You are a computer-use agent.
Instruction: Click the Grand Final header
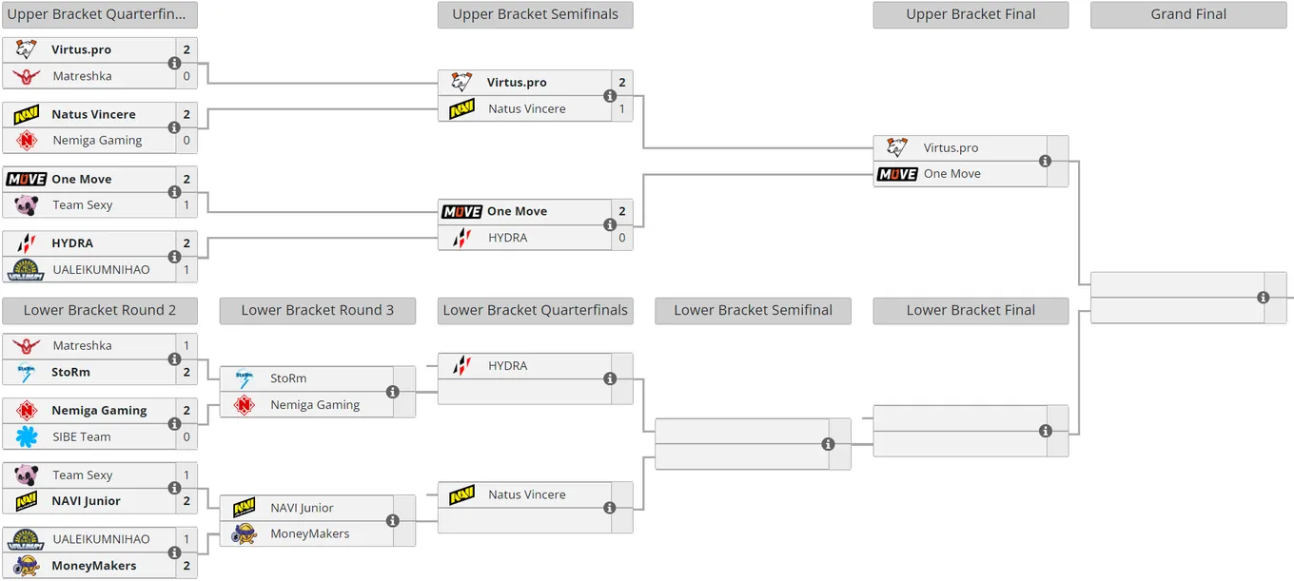[x=1188, y=14]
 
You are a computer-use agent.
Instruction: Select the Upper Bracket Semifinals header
[x=535, y=14]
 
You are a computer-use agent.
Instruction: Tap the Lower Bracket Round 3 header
[x=317, y=310]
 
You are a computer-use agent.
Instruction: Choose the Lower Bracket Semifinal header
[x=753, y=310]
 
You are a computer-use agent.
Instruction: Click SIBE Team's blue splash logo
[x=27, y=436]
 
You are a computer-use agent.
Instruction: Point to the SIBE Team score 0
[x=186, y=436]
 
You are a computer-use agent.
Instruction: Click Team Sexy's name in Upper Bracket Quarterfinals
[x=83, y=205]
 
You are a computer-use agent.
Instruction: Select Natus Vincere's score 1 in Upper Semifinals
[x=621, y=108]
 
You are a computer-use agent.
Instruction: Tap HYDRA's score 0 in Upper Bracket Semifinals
[x=621, y=238]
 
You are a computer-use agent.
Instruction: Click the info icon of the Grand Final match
[x=1264, y=298]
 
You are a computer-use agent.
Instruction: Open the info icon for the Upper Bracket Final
[x=1045, y=161]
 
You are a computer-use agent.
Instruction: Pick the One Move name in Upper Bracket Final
[x=952, y=174]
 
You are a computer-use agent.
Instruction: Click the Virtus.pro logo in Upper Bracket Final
[x=897, y=147]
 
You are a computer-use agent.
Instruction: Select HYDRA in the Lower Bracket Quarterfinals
[x=508, y=365]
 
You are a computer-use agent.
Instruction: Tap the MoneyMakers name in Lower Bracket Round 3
[x=309, y=533]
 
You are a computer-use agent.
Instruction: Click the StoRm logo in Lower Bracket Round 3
[x=245, y=378]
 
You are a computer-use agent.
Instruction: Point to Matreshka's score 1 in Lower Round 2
[x=186, y=345]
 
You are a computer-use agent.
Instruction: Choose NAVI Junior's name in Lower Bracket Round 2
[x=86, y=501]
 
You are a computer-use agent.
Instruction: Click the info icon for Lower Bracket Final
[x=1045, y=431]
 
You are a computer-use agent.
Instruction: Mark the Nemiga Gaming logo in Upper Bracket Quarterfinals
[x=27, y=141]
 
